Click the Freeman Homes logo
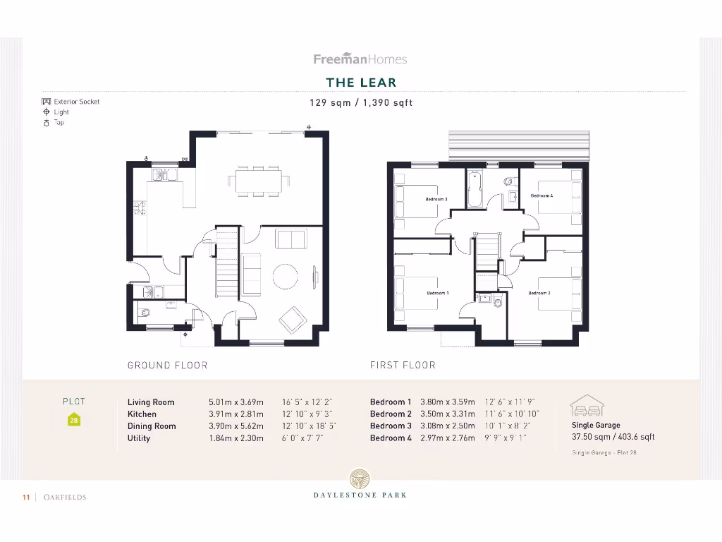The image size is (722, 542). (360, 59)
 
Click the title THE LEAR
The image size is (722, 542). (361, 83)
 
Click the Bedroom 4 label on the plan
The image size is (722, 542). (541, 195)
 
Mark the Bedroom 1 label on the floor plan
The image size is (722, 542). (437, 293)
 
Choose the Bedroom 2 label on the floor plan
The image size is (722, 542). (539, 293)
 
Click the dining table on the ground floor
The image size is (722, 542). (258, 181)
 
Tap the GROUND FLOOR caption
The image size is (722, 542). (167, 365)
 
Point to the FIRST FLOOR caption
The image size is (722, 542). (403, 365)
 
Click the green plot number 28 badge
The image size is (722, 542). (74, 420)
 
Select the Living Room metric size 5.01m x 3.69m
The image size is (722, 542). (235, 402)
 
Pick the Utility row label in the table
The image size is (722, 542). (139, 438)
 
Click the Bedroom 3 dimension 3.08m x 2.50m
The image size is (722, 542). (447, 426)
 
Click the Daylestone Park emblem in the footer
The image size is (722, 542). (360, 479)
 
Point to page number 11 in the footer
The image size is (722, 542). (26, 498)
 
